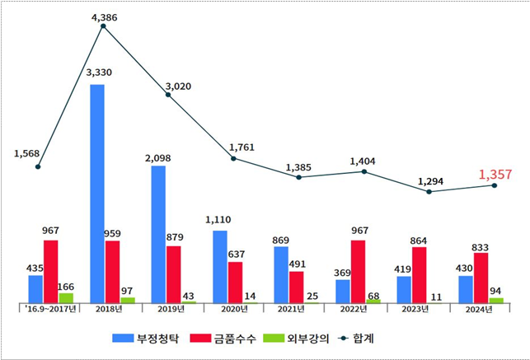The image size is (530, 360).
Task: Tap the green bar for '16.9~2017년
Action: click(66, 298)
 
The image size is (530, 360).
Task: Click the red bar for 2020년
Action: click(235, 283)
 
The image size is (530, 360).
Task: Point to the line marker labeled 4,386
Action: click(103, 26)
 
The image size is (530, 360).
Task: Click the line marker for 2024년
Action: click(495, 185)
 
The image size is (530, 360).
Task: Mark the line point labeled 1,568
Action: click(37, 167)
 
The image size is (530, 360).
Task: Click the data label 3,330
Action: click(99, 72)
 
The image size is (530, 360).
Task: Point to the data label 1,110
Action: click(219, 220)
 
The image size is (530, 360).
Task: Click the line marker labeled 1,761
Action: click(233, 158)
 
